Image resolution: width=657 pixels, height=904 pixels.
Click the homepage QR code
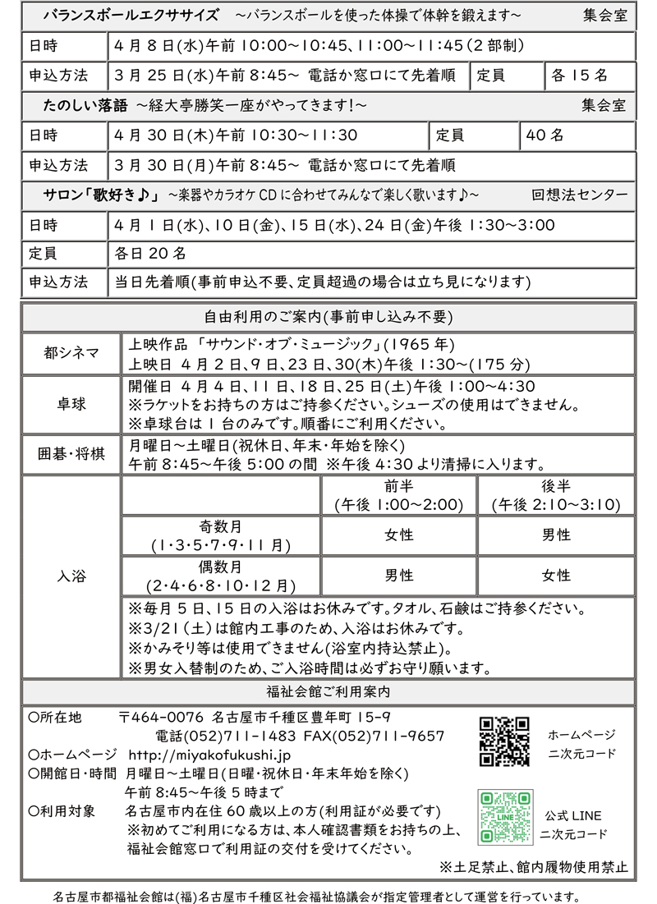click(x=504, y=741)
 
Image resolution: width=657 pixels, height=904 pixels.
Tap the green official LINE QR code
click(x=505, y=817)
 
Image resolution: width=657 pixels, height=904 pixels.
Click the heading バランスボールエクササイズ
click(x=131, y=16)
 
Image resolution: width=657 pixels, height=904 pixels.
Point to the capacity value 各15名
click(x=579, y=76)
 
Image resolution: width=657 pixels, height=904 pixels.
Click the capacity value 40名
click(x=544, y=135)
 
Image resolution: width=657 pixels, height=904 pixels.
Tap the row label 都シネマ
click(x=71, y=353)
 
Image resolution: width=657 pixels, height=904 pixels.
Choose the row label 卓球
click(x=71, y=406)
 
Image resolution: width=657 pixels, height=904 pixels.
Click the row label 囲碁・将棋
click(x=71, y=455)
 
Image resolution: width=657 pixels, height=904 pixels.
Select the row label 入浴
click(x=71, y=576)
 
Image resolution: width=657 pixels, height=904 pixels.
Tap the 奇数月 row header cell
click(x=221, y=535)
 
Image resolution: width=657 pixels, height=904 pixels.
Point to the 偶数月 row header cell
click(x=221, y=576)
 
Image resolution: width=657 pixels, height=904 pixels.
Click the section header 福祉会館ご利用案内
click(x=328, y=692)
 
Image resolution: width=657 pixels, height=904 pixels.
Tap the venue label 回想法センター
click(x=580, y=195)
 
